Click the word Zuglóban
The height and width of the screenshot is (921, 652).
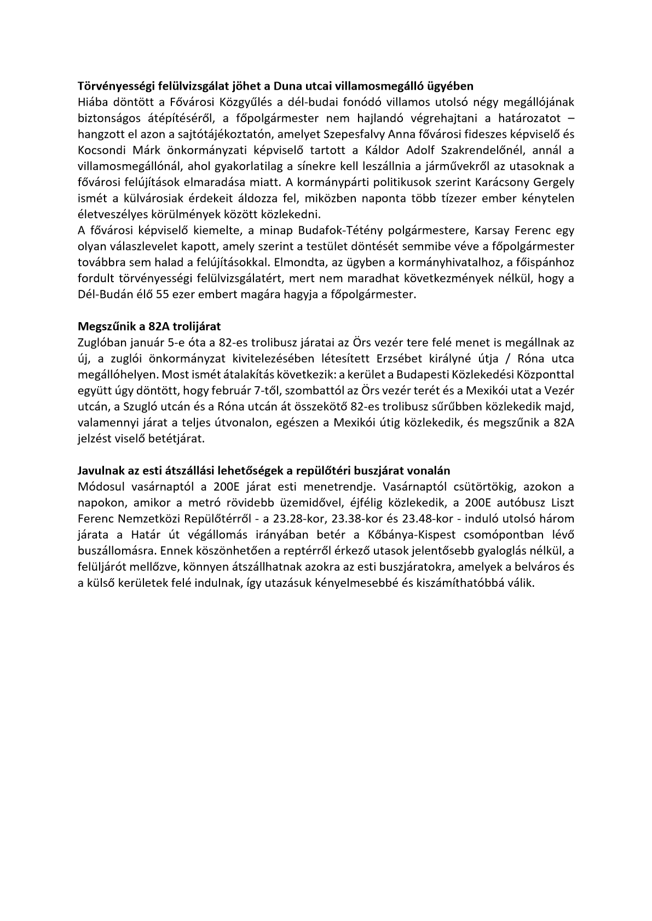100,343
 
